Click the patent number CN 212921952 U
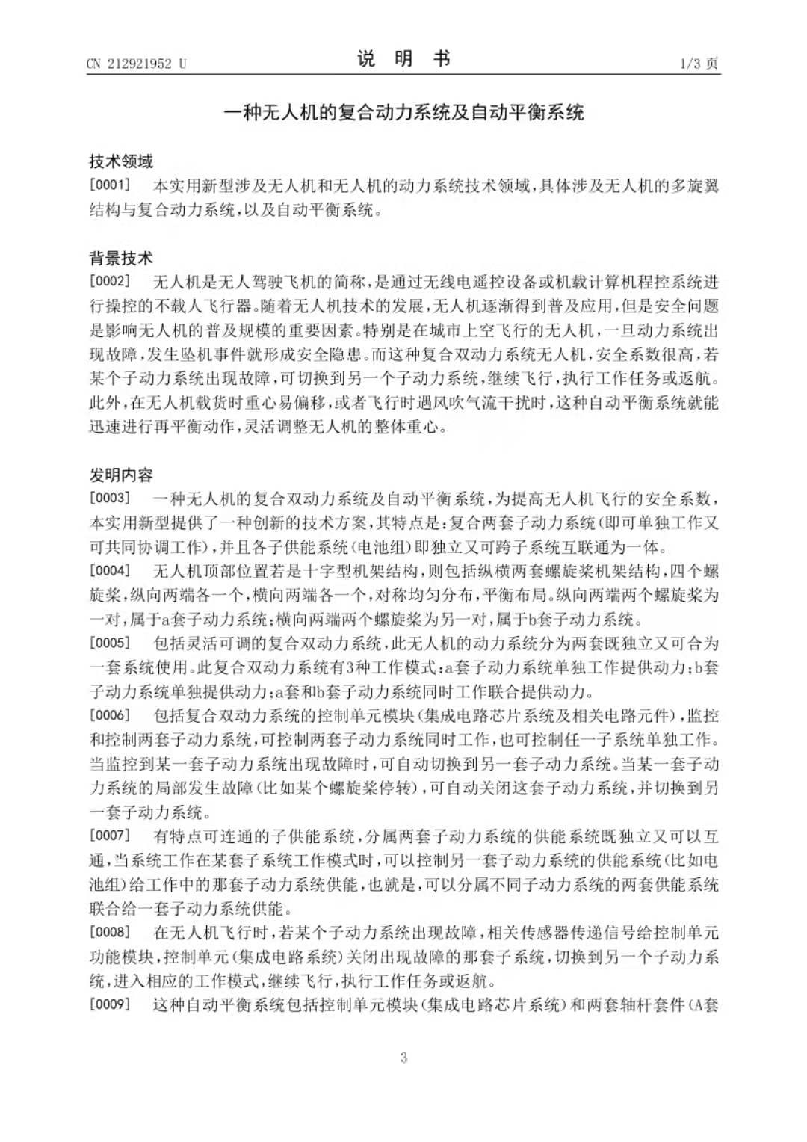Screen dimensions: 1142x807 136,64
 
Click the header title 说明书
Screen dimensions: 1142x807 403,59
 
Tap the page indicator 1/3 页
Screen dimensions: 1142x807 699,64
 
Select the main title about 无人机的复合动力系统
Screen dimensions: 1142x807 403,113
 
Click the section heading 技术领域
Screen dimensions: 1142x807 120,161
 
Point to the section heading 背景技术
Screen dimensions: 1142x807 120,258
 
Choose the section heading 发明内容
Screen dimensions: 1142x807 120,475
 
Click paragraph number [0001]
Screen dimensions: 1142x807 110,185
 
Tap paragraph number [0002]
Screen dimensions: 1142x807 110,282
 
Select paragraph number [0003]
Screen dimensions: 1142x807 110,499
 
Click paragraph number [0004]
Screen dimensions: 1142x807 110,571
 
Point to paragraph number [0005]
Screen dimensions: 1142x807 110,643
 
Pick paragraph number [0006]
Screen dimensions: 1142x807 110,715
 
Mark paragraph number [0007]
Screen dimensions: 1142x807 110,836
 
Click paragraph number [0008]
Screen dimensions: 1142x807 110,932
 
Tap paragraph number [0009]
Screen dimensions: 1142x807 110,1004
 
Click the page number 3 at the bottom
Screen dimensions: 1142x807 403,1057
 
